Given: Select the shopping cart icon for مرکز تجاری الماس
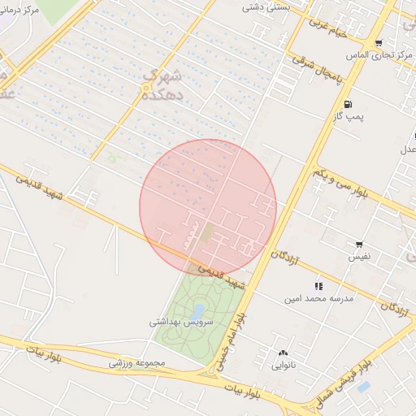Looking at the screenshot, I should (378, 43).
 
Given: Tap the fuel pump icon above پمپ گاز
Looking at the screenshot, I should (348, 103).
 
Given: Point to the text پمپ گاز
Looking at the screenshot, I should (347, 117).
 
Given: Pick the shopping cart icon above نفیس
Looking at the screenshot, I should (359, 244).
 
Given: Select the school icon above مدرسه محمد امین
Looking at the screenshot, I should (318, 286).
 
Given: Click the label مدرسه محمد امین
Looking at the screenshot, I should (318, 299).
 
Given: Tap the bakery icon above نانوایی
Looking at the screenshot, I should (283, 353).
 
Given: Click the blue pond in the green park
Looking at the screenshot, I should (198, 310).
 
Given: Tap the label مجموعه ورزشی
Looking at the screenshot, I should (137, 362).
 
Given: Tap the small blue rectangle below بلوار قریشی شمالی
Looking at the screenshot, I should (363, 386).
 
